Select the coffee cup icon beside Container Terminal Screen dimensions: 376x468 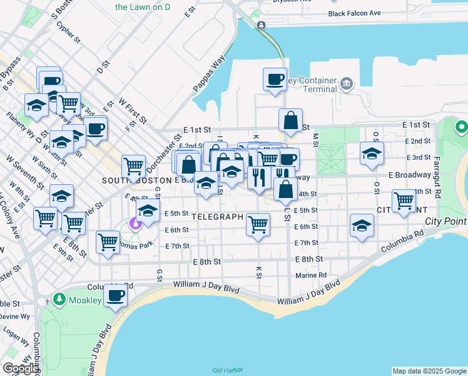click(x=274, y=80)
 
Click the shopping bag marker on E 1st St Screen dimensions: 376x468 click(x=290, y=120)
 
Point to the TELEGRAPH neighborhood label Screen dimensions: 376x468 click(x=217, y=217)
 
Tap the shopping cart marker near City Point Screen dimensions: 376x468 click(x=404, y=201)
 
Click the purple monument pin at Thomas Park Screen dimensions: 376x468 click(x=135, y=223)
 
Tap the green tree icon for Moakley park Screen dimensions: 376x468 click(x=59, y=299)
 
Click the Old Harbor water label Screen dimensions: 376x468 click(x=226, y=370)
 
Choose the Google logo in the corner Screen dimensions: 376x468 click(x=21, y=368)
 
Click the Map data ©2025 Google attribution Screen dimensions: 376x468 click(x=429, y=371)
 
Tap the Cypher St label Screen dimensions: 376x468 click(x=68, y=33)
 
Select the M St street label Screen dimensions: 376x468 click(x=315, y=137)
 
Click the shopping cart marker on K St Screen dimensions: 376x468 click(x=258, y=224)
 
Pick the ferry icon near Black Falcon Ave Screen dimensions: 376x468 click(x=260, y=25)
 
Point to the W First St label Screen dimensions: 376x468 click(x=132, y=110)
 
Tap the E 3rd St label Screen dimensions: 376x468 click(x=418, y=157)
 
